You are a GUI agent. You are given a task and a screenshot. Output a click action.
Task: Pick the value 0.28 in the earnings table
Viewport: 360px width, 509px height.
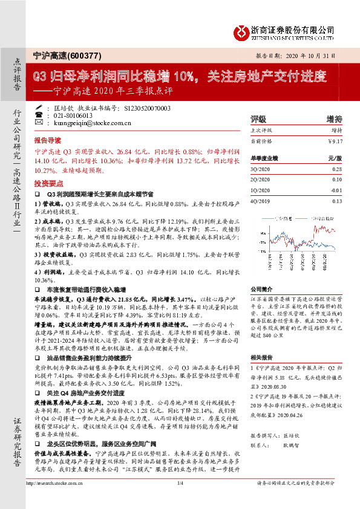[337, 171]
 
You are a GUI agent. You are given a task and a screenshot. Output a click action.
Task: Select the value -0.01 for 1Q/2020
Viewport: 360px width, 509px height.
[336, 190]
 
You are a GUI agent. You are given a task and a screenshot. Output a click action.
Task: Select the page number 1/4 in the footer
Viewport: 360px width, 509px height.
[180, 500]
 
